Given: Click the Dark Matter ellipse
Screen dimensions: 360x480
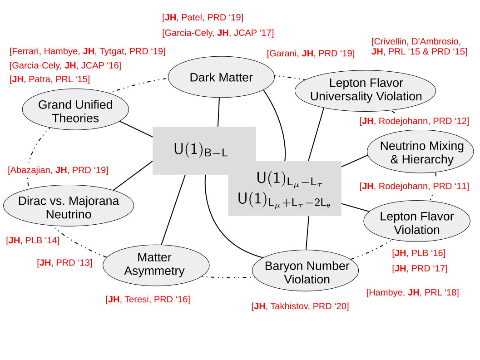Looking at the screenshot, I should click(221, 78).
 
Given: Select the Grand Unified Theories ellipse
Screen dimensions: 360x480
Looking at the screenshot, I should click(75, 112).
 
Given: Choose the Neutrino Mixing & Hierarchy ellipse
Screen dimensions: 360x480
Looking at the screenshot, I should click(422, 153).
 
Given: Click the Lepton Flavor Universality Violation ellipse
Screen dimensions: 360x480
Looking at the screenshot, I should click(365, 90).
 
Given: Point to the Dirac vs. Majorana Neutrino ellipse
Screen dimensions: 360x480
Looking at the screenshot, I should click(69, 207).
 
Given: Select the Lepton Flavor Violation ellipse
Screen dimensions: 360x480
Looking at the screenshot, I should click(416, 223).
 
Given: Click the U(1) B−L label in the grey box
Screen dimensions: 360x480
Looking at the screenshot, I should click(200, 150).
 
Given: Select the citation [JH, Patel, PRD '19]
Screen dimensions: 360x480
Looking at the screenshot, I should click(203, 18).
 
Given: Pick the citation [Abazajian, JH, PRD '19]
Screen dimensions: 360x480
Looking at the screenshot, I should click(58, 170).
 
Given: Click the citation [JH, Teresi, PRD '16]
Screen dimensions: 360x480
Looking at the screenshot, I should click(148, 299).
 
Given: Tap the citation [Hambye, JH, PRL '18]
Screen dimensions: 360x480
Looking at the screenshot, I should click(412, 292).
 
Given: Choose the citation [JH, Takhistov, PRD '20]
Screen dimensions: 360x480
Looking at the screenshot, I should click(300, 306).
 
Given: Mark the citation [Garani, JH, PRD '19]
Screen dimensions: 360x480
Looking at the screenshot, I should click(311, 53).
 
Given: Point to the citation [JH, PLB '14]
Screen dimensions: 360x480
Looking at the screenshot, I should click(33, 240).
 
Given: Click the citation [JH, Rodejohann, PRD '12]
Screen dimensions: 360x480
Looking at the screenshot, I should click(414, 121).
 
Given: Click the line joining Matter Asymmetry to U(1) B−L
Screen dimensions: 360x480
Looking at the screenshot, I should click(173, 209).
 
